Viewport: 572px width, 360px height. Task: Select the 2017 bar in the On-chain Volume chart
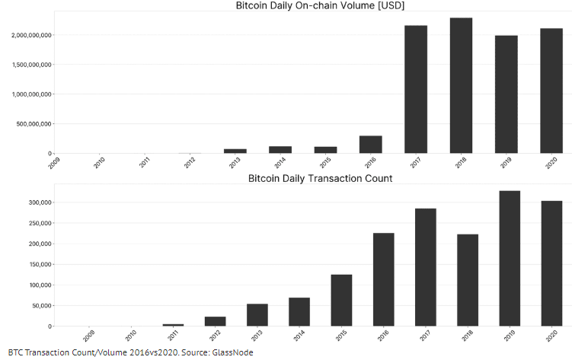tap(416, 89)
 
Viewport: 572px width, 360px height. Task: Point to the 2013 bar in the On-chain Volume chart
tap(235, 151)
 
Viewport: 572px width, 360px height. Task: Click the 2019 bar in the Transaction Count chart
tap(509, 258)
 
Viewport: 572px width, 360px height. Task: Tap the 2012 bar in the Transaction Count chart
tap(216, 321)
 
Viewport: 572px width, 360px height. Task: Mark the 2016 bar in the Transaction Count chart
tap(383, 279)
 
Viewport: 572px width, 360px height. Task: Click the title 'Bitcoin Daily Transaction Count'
tap(320, 178)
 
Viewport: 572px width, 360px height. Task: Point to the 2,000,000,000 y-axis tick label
tap(31, 35)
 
